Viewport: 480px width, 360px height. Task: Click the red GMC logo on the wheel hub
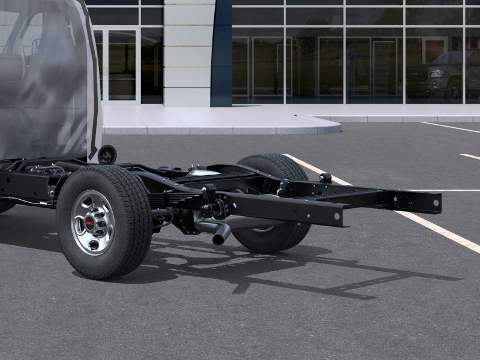(x=89, y=223)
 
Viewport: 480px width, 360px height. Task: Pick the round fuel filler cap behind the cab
(x=107, y=154)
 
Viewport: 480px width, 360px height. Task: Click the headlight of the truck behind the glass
(x=437, y=73)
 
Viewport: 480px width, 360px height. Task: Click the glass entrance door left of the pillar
(x=121, y=66)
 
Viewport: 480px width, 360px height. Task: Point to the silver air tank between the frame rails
(x=203, y=172)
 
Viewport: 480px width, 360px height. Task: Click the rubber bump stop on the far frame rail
(x=325, y=178)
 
